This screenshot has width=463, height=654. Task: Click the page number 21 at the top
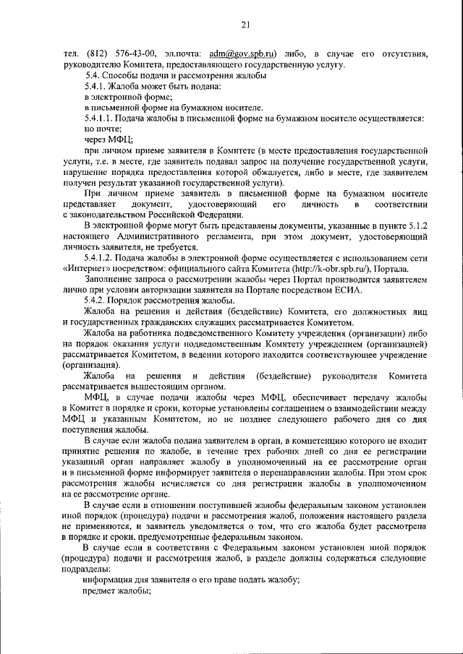245,26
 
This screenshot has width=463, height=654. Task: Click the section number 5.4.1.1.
102,118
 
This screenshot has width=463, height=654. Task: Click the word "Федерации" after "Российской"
214,215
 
